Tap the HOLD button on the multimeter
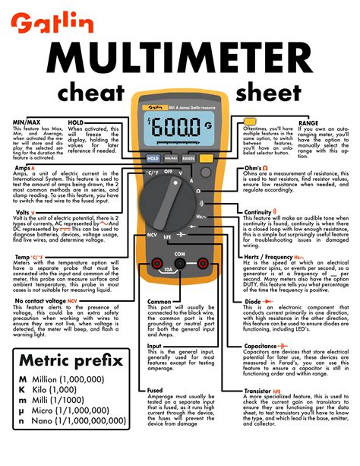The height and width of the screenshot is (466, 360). point(153,159)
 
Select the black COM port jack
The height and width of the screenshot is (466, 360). point(180,263)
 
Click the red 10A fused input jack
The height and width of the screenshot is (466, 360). point(156,263)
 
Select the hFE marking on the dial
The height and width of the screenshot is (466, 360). point(166,237)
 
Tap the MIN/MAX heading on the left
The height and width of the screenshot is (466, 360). point(27,122)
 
